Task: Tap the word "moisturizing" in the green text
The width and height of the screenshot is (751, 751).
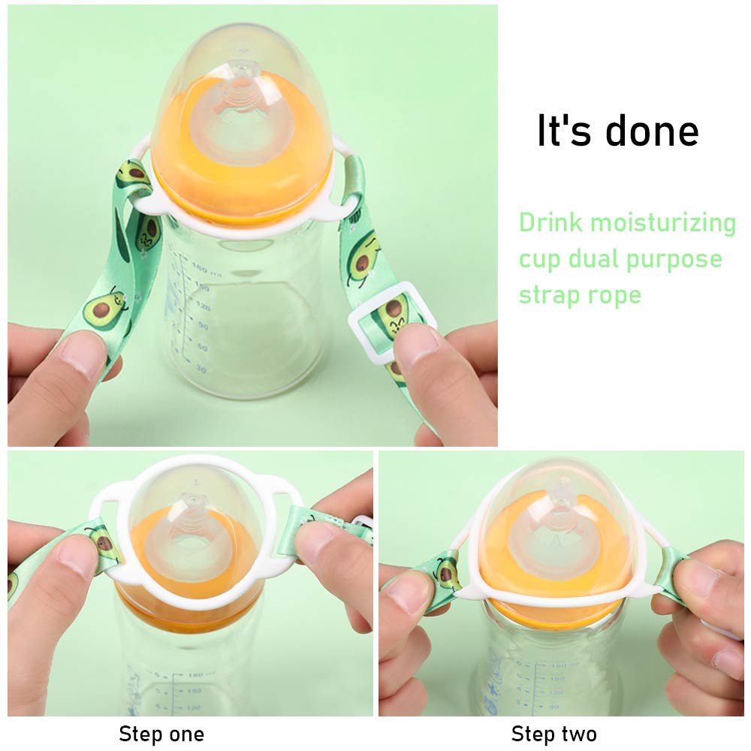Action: (663, 224)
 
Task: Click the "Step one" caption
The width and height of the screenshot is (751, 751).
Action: (161, 734)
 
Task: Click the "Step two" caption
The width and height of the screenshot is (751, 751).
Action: (554, 734)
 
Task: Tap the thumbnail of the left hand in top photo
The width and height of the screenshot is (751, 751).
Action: (80, 354)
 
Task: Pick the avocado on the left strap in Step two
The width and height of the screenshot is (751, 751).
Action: (446, 572)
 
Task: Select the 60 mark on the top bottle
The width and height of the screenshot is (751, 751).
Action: (202, 347)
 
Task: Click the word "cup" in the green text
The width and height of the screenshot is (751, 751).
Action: (539, 260)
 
